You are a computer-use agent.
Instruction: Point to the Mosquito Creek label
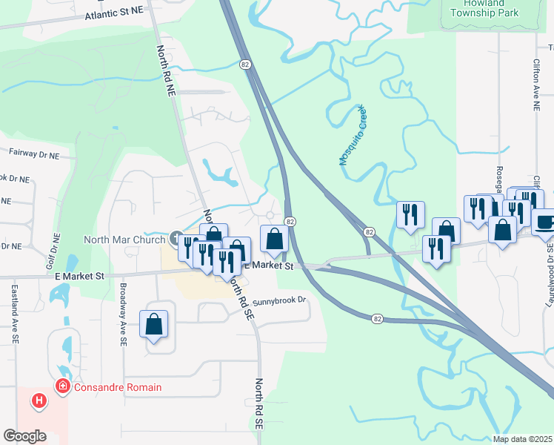pyautogui.click(x=353, y=135)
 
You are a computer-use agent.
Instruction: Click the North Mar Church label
pyautogui.click(x=125, y=239)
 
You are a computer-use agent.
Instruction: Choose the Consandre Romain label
pyautogui.click(x=117, y=387)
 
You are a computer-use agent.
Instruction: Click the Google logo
pyautogui.click(x=24, y=436)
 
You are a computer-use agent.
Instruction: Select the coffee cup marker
pyautogui.click(x=544, y=222)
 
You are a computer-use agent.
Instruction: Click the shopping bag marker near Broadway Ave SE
pyautogui.click(x=154, y=323)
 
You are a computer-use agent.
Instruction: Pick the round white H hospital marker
pyautogui.click(x=39, y=401)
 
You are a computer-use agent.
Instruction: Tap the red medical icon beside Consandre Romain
pyautogui.click(x=64, y=386)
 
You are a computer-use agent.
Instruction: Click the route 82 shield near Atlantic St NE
pyautogui.click(x=245, y=65)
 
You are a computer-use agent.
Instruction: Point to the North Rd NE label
pyautogui.click(x=166, y=71)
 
